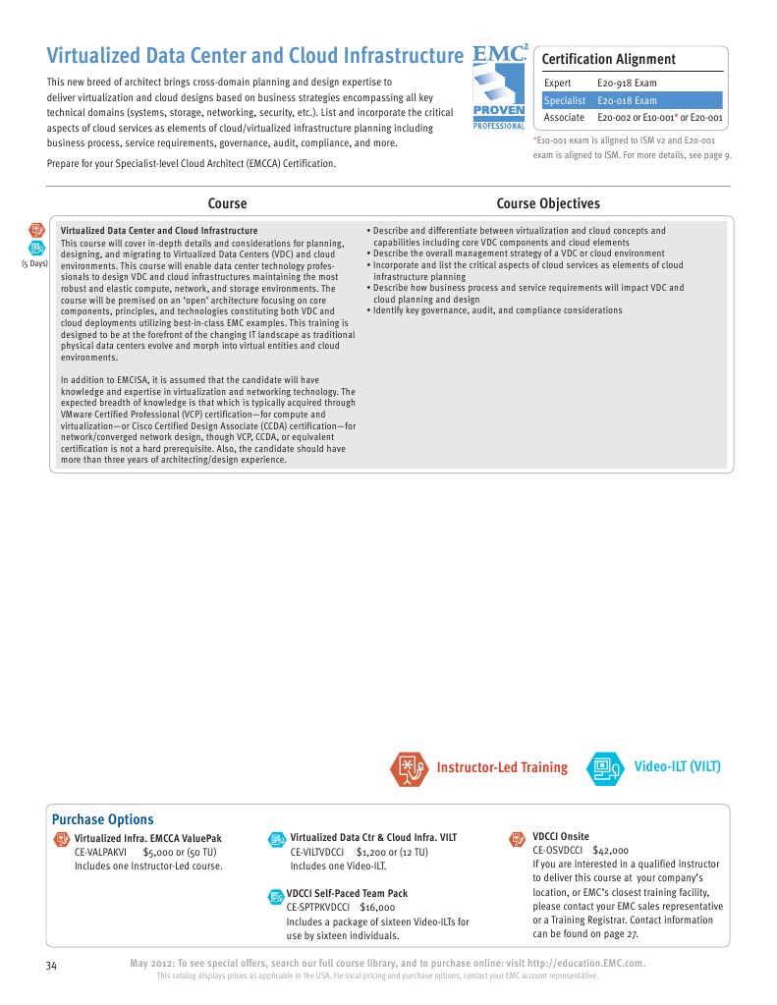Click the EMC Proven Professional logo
point(499,86)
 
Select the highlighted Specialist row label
point(565,100)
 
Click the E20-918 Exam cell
point(627,84)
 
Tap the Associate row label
point(564,118)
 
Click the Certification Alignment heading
point(609,59)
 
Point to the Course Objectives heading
point(547,203)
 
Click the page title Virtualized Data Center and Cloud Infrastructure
point(255,55)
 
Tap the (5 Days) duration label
point(34,264)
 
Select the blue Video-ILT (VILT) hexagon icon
point(605,768)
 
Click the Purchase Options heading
point(102,819)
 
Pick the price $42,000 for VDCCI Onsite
point(611,851)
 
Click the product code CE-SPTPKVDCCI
point(320,908)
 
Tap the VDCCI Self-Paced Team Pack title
point(347,893)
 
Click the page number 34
point(52,966)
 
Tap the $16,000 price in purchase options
point(377,908)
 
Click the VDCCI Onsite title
point(561,837)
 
